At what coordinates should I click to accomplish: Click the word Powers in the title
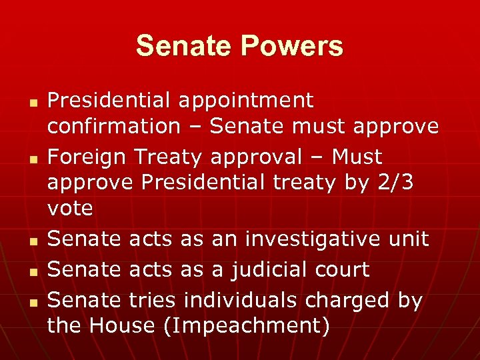pos(293,47)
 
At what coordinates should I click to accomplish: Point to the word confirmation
pos(113,125)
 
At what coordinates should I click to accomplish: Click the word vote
pos(70,207)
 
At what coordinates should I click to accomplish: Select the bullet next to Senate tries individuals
pos(32,303)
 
